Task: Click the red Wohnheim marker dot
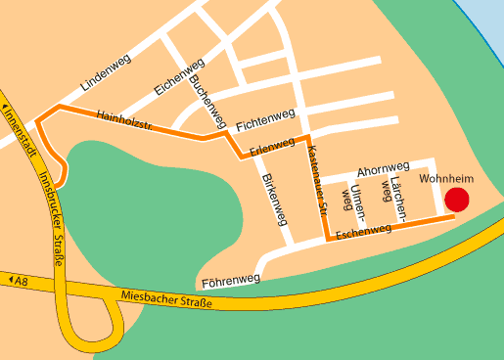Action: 457,200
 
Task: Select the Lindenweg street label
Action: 106,74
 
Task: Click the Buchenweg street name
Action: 208,103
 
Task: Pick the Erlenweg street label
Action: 272,148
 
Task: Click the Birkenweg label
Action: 275,202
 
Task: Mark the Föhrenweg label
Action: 231,281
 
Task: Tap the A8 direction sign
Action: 18,281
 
